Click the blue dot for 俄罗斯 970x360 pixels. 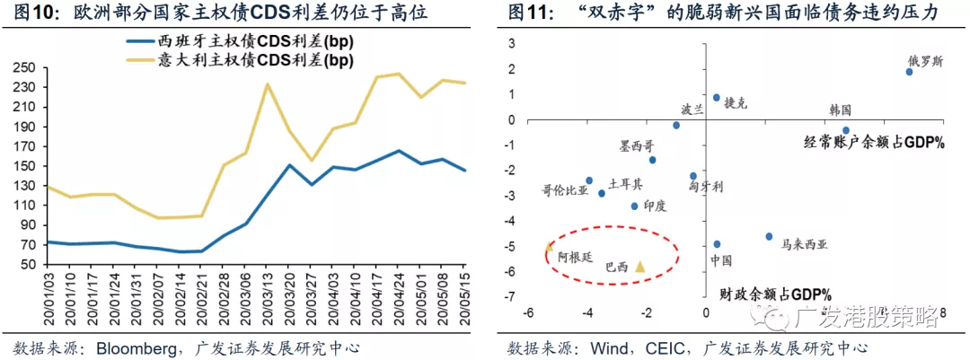click(909, 72)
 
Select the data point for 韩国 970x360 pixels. click(845, 130)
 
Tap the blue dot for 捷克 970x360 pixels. click(717, 98)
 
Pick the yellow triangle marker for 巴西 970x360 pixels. click(640, 266)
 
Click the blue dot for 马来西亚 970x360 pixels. click(769, 237)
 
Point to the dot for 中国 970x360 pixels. click(717, 244)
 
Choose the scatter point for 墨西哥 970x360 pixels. click(653, 160)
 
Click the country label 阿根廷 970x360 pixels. click(575, 256)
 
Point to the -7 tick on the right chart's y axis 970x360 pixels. click(509, 297)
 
